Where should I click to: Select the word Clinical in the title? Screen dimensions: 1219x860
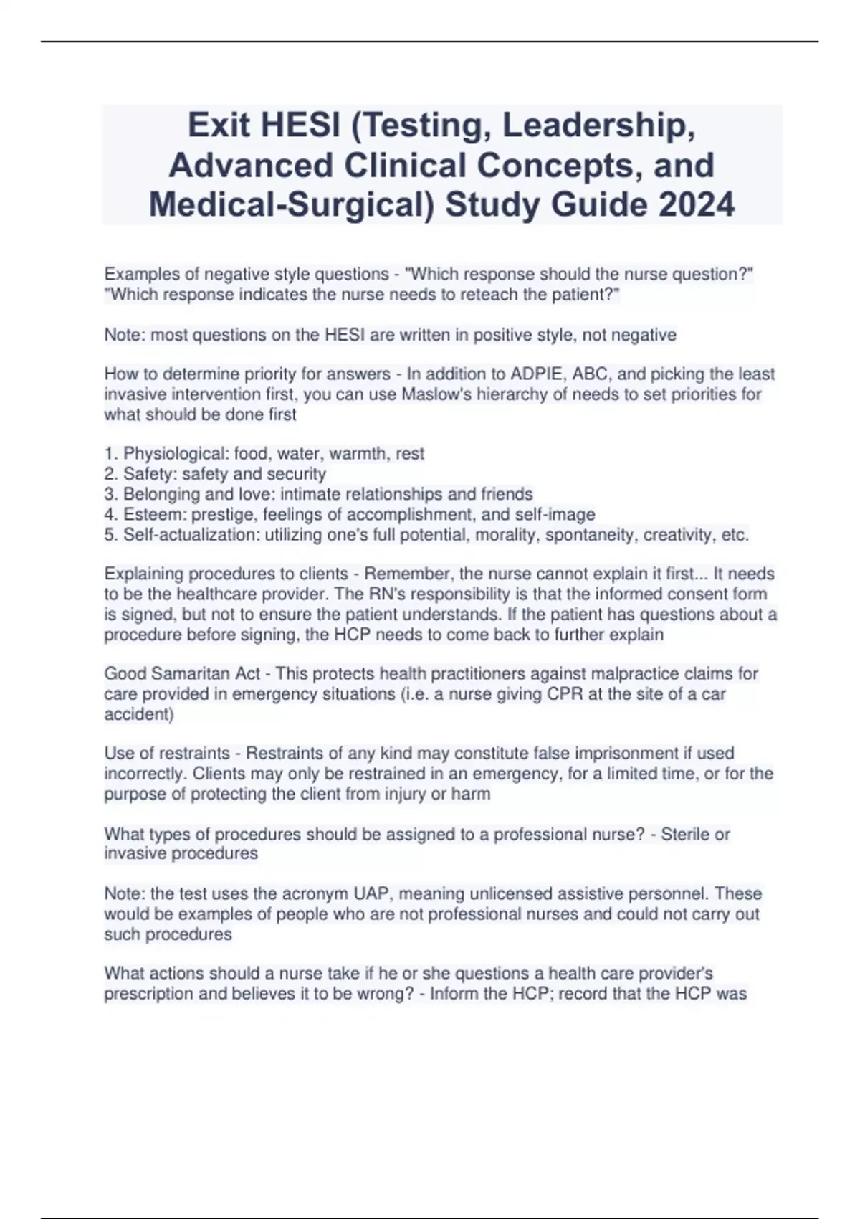coord(405,166)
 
